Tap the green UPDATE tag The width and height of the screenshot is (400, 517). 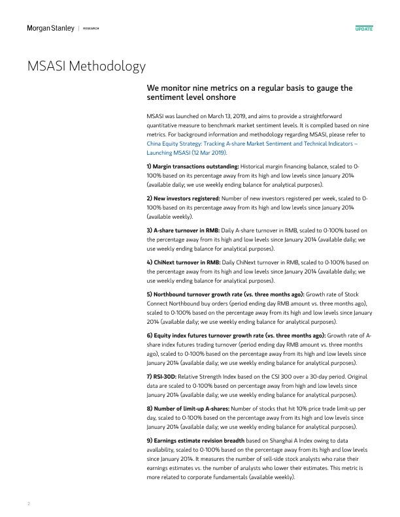tap(363, 29)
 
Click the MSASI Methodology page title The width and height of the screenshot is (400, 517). tap(86, 67)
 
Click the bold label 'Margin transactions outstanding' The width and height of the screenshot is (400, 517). tap(192, 167)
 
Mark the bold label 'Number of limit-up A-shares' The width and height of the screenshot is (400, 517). tap(190, 409)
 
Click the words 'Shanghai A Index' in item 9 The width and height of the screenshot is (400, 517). tap(278, 441)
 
